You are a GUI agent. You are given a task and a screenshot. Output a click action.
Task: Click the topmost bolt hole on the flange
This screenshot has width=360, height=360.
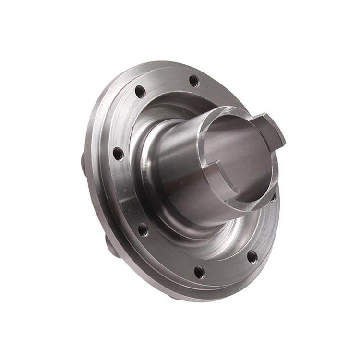pos(194,81)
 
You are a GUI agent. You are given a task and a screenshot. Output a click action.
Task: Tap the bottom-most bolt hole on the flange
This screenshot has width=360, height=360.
pos(199,272)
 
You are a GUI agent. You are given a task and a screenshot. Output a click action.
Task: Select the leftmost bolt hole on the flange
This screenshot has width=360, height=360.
pos(118,154)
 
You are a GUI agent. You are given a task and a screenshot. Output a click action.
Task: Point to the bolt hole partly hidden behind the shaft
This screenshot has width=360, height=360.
pos(273,198)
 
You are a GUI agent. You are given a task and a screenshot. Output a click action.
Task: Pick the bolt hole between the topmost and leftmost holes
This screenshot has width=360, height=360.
pos(140,91)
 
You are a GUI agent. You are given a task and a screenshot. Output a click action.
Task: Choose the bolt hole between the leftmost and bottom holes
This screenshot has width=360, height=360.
pos(143,230)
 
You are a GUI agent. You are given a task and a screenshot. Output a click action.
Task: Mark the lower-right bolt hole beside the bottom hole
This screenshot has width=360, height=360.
pos(252,257)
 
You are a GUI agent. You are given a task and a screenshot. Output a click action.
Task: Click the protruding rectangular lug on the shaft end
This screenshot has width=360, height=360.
pos(269,129)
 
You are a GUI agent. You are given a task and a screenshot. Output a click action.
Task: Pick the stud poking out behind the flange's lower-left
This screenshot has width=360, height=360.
pos(109,247)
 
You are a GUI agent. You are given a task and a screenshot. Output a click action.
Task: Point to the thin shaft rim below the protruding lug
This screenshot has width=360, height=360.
pos(274,168)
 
